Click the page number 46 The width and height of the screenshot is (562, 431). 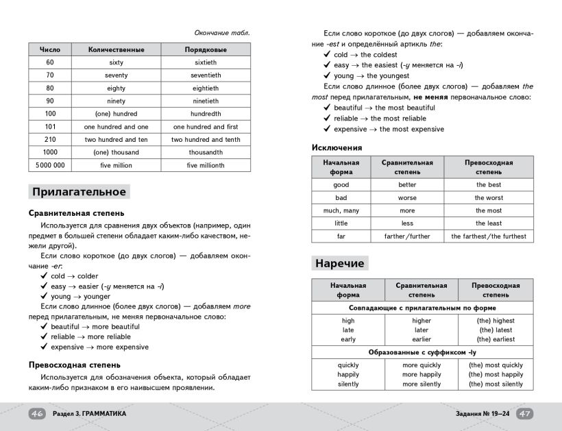point(37,414)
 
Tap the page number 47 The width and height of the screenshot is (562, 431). point(524,414)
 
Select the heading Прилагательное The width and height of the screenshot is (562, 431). point(79,192)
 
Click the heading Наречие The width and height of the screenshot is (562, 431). point(340,263)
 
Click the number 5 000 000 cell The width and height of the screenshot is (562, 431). point(50,165)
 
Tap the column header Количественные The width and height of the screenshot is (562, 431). point(116,50)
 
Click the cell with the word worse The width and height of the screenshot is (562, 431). point(407,197)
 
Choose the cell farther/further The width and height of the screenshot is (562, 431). point(407,236)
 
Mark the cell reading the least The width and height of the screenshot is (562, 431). point(489,223)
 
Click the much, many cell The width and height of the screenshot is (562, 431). point(341,210)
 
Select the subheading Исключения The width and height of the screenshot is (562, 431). point(337,147)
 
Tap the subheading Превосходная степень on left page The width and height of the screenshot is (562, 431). point(75,365)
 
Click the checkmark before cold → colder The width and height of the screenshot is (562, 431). point(44,276)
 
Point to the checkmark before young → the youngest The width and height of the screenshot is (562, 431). point(327,76)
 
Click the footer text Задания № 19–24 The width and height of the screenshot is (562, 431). point(482,414)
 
